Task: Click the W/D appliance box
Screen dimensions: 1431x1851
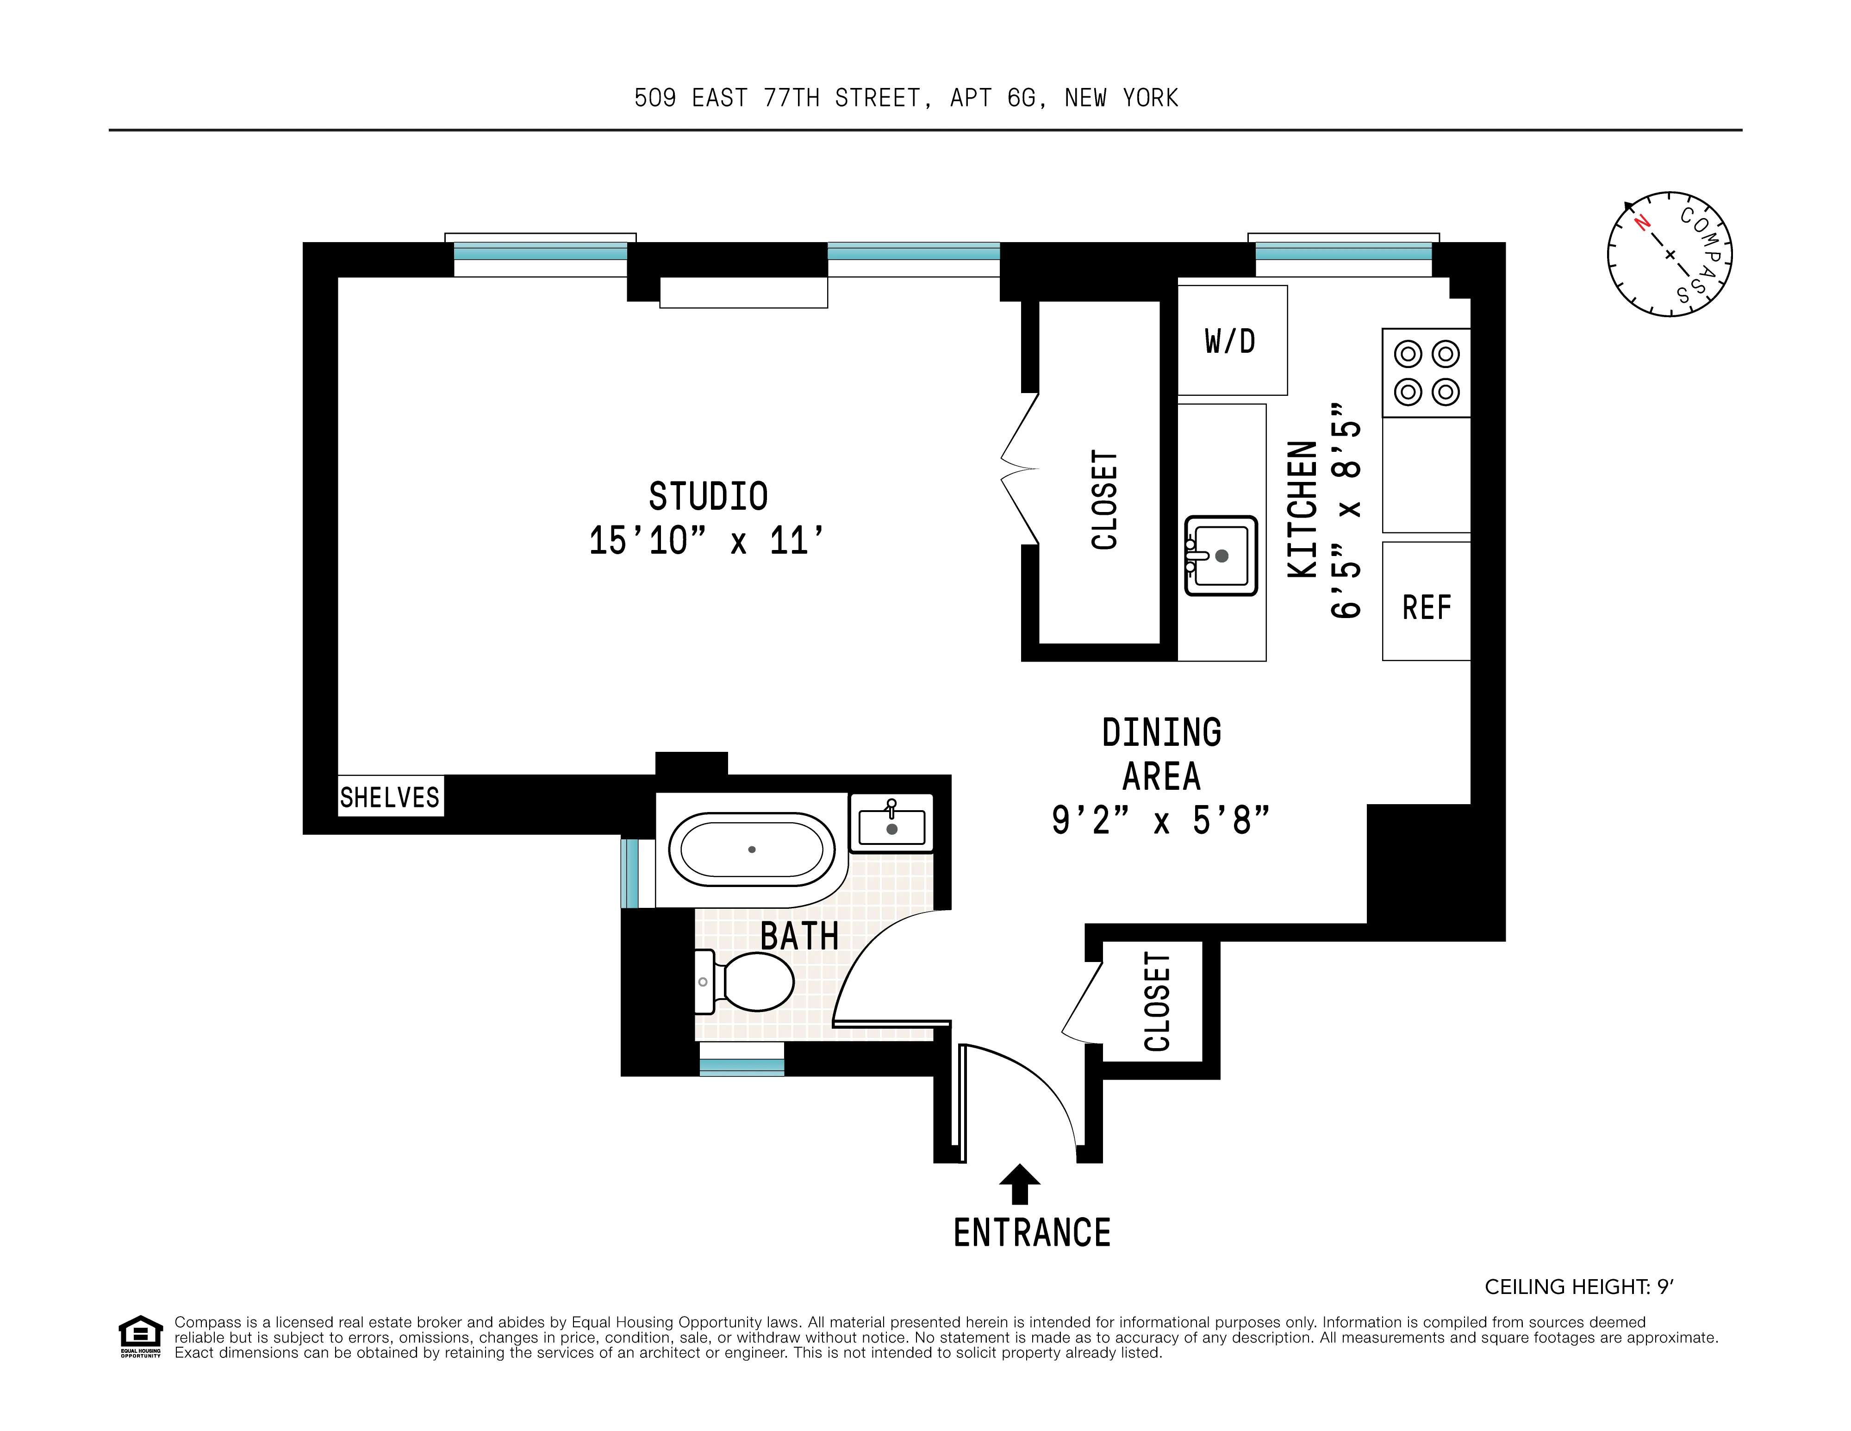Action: (1232, 340)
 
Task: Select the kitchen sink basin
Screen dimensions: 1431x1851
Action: (1221, 555)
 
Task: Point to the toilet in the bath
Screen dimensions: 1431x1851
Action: (746, 981)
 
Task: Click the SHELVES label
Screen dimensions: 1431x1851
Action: (390, 797)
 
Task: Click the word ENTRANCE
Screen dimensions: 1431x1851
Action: (1031, 1233)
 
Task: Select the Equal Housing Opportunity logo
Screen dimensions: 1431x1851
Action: (140, 1336)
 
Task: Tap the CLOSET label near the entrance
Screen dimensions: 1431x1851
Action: (1157, 1001)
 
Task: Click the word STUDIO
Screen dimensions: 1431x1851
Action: (708, 496)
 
